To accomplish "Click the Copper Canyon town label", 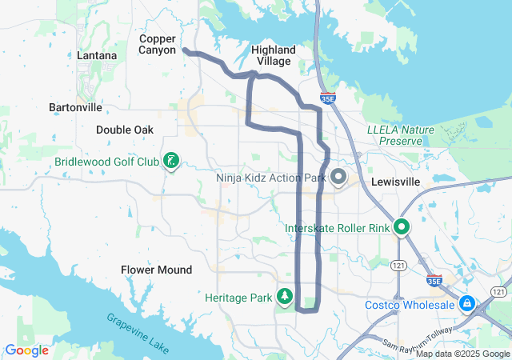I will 157,45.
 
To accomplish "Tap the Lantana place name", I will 97,56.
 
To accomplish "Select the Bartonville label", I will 75,106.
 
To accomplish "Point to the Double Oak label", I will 124,130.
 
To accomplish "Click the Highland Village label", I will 273,55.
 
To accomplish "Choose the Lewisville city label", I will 396,182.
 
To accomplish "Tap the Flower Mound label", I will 156,270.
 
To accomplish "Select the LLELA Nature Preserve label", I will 394,134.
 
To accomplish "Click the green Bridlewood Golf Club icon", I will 170,162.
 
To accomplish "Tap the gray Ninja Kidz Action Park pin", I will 338,176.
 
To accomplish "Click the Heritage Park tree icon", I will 284,297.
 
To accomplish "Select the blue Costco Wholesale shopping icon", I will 466,304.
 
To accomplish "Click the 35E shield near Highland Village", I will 327,98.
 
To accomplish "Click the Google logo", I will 27,350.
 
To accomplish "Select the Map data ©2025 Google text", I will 462,354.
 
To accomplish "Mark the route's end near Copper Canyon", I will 185,50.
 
